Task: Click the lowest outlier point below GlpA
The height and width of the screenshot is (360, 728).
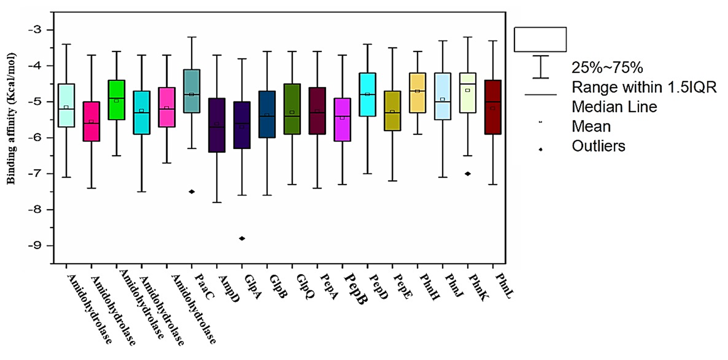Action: point(242,238)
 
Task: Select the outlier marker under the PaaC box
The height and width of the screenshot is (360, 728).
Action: point(192,192)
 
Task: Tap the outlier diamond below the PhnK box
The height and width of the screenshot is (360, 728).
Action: point(468,174)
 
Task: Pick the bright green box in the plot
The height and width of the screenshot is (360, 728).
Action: point(117,100)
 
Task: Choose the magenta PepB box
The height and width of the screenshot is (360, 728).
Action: point(342,119)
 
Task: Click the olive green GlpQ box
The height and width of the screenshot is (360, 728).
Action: point(292,109)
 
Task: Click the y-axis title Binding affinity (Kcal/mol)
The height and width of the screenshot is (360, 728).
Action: point(11,118)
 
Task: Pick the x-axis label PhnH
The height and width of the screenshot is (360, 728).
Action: point(429,287)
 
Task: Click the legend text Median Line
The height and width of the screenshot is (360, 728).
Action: point(614,107)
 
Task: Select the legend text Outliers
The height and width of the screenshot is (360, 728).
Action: point(598,146)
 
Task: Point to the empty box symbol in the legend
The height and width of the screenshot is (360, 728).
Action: point(540,39)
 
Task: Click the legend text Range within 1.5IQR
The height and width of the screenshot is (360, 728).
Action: point(644,87)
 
